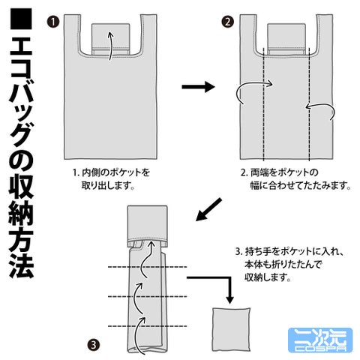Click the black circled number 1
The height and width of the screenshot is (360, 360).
(x=53, y=22)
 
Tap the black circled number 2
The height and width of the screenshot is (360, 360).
(x=227, y=22)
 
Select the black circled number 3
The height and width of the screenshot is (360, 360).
(x=94, y=345)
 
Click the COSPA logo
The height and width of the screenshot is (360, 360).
(x=320, y=340)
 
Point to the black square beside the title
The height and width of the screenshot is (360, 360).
(x=21, y=19)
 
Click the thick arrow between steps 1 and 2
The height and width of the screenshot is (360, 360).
(x=198, y=87)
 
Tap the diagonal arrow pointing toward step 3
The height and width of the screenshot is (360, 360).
(x=208, y=209)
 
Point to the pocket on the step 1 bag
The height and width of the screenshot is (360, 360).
(x=111, y=39)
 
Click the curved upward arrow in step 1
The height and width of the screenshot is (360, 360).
(x=111, y=46)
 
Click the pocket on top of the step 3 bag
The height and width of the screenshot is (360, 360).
(x=148, y=226)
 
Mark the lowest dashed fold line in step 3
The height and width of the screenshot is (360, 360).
(x=148, y=326)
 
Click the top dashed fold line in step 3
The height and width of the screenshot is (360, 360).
(x=148, y=267)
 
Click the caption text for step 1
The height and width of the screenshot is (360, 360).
(x=111, y=178)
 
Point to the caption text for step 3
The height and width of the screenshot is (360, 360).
(x=289, y=264)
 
